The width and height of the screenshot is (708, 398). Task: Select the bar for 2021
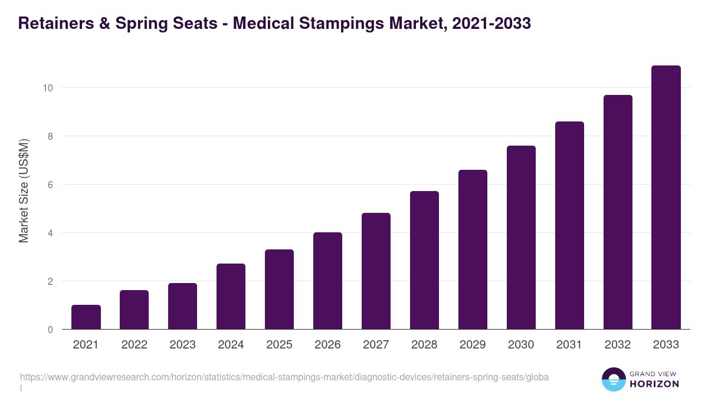click(86, 317)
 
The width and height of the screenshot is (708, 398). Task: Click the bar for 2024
click(231, 297)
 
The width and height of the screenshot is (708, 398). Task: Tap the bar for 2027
click(376, 271)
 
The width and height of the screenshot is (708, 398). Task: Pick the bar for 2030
click(521, 238)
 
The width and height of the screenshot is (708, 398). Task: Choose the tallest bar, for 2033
click(666, 198)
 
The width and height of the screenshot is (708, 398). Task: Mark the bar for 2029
click(473, 249)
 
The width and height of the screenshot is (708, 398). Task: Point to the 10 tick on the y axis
click(48, 88)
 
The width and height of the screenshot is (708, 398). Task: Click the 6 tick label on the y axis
click(50, 185)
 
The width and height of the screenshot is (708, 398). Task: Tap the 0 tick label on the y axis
click(50, 330)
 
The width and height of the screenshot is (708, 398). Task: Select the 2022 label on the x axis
click(134, 345)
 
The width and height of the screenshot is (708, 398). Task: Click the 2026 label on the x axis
click(327, 345)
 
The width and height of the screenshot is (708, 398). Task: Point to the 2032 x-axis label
click(618, 345)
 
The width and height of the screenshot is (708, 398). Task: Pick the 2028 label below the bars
click(424, 345)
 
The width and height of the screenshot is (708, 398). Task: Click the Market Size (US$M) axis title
click(24, 190)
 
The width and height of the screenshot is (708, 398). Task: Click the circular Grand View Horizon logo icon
click(613, 379)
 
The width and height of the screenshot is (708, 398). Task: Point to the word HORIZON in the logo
click(655, 384)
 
